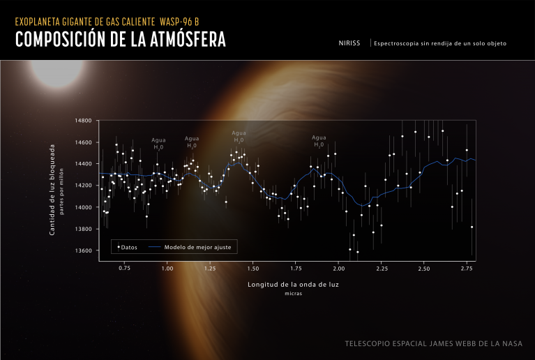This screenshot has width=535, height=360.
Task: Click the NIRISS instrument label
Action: [x=349, y=43]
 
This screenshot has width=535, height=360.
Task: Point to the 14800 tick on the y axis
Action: [x=83, y=121]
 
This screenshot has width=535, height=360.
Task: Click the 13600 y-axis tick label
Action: [x=83, y=251]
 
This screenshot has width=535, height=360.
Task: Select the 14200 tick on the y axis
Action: [x=83, y=186]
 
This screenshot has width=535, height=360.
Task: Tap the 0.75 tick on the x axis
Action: [x=124, y=268]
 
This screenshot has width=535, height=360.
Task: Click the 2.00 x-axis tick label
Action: [x=338, y=268]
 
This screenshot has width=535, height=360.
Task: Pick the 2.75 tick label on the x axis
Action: [x=467, y=268]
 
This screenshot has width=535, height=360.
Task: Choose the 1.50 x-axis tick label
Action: [x=253, y=268]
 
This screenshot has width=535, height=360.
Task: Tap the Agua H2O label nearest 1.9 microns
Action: [x=319, y=141]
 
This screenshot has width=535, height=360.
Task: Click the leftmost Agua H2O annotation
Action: [x=158, y=144]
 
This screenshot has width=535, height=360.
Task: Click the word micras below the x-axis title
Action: [x=292, y=294]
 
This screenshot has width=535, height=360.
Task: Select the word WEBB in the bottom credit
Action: [x=458, y=344]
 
